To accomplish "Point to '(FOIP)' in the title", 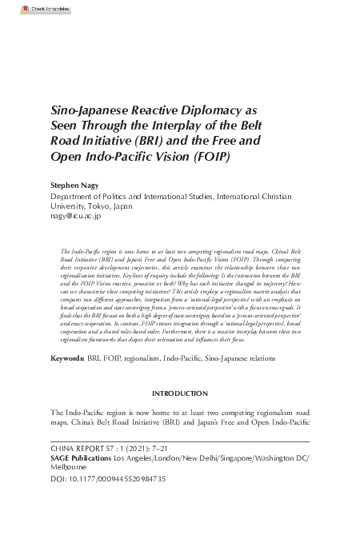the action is [x=211, y=156].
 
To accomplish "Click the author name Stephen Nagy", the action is [x=74, y=183].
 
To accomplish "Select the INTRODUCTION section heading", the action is [x=179, y=394].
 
